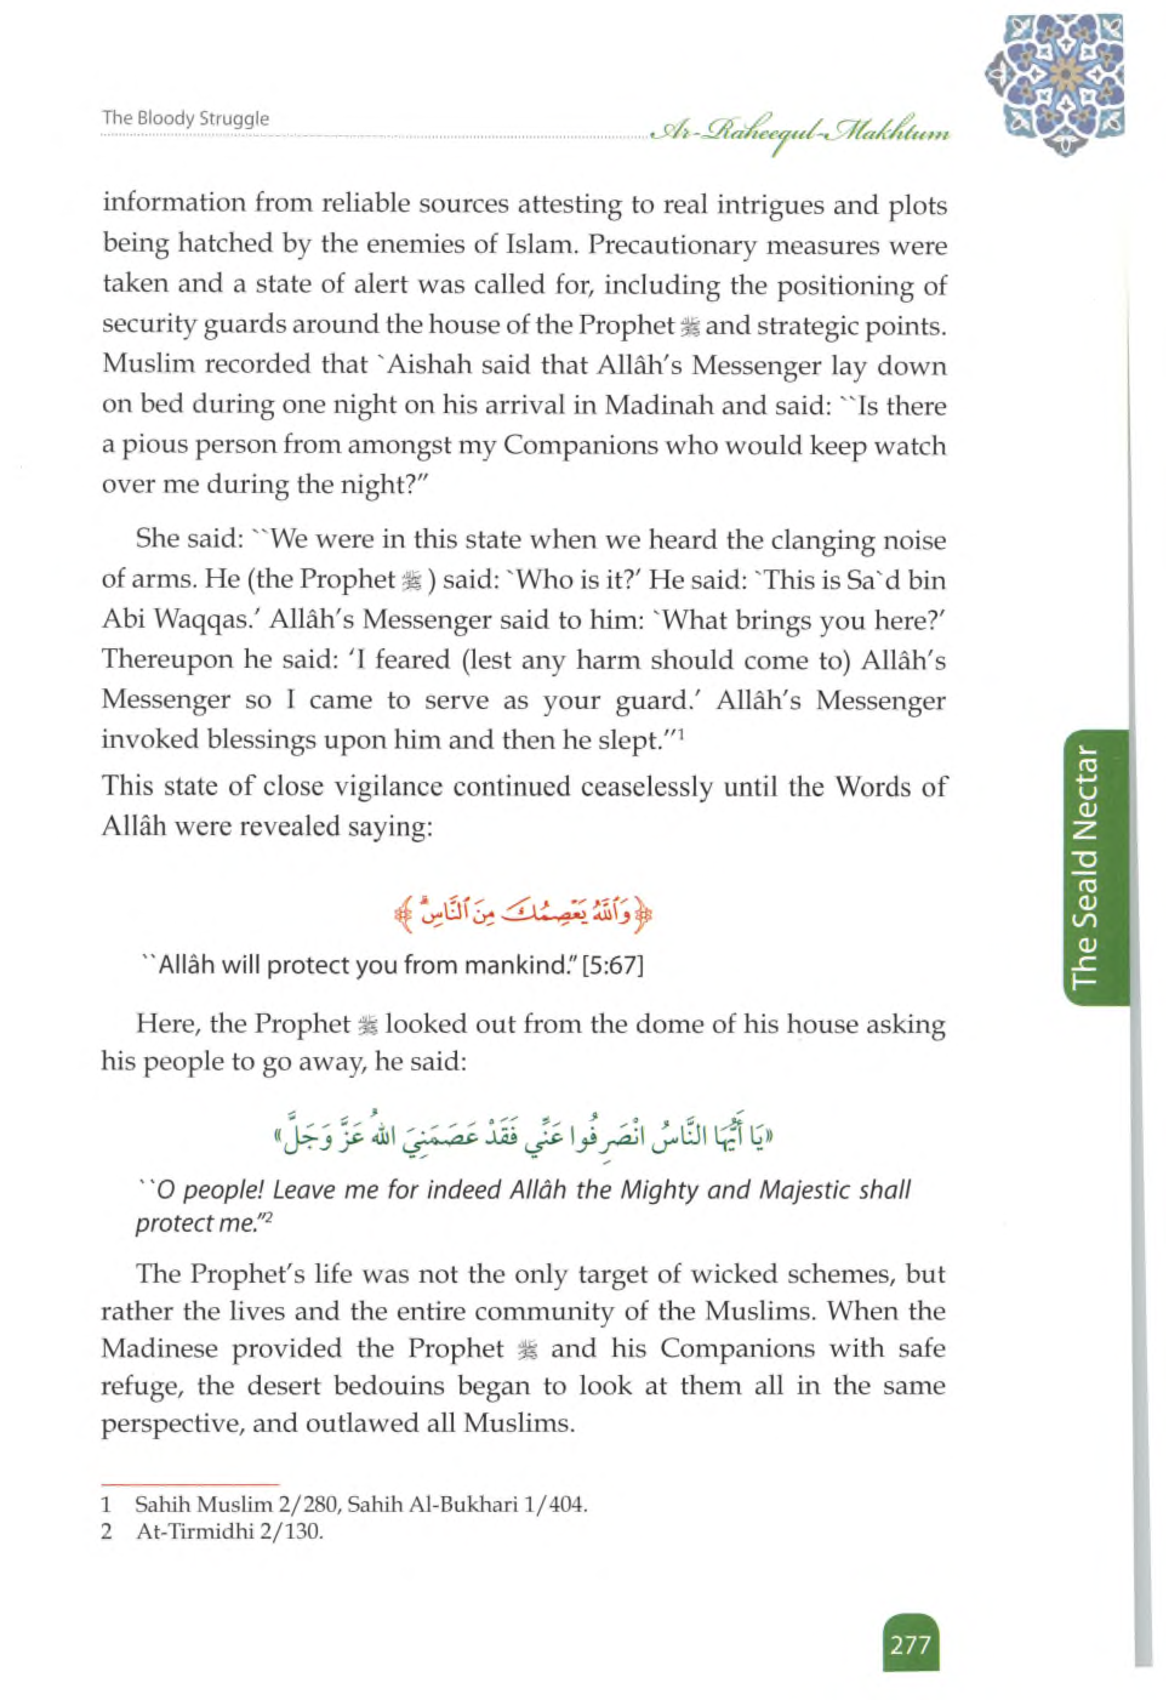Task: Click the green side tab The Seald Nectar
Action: pos(1087,867)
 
